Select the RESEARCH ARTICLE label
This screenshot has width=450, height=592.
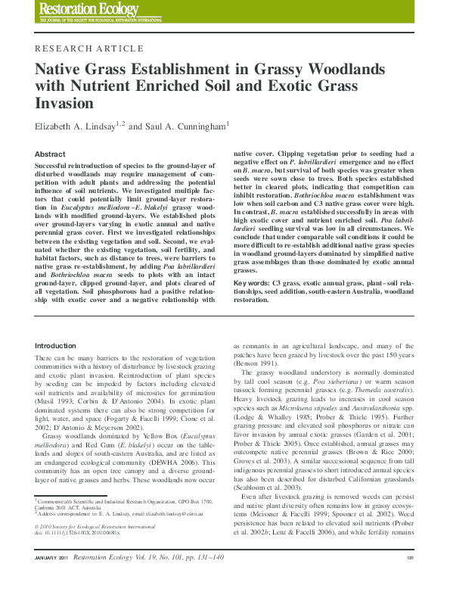(79, 47)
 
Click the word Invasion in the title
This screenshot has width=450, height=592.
(66, 103)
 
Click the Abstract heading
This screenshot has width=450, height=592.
(51, 154)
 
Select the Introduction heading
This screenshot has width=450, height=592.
(56, 345)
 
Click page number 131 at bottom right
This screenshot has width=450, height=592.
(409, 579)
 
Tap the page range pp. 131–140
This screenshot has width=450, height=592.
(196, 579)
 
